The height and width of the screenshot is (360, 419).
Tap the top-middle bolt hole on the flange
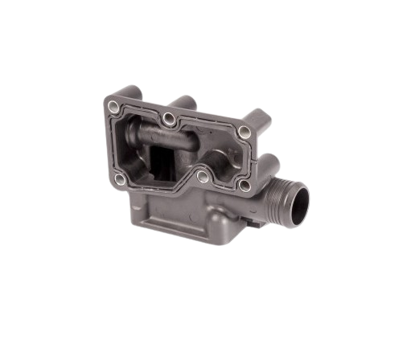tap(169, 119)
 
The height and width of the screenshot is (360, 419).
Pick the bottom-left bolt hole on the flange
tap(119, 178)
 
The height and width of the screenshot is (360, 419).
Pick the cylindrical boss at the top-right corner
tap(257, 119)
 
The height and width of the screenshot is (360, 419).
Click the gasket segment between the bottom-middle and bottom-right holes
tap(223, 183)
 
